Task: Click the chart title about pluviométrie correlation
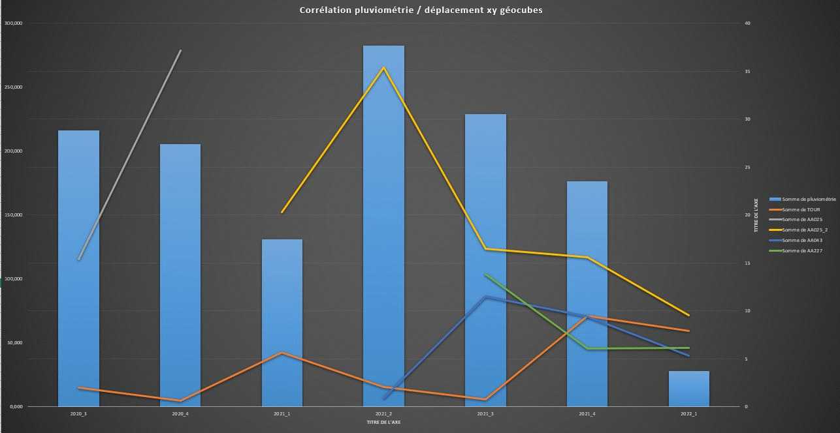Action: [x=421, y=10]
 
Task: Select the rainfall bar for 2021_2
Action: [x=383, y=228]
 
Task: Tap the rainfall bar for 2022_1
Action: [x=688, y=389]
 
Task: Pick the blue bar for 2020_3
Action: [x=78, y=267]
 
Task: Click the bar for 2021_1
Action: [x=282, y=323]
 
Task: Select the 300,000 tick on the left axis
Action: [x=14, y=23]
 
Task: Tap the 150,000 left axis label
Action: [x=14, y=215]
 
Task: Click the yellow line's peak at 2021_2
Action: [x=383, y=67]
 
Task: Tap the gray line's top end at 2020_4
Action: [x=180, y=50]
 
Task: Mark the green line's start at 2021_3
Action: [x=485, y=275]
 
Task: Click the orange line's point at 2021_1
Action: [x=282, y=353]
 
